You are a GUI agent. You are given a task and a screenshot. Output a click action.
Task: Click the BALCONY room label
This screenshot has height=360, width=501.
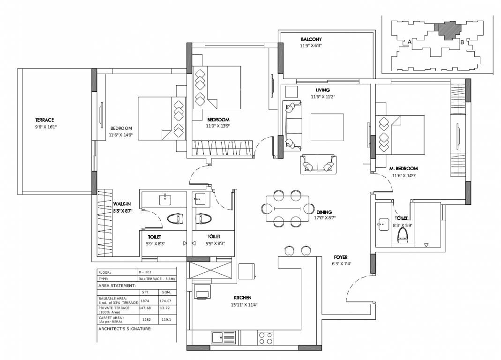click(x=311, y=39)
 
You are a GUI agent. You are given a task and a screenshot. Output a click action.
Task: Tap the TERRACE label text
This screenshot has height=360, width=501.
click(x=45, y=120)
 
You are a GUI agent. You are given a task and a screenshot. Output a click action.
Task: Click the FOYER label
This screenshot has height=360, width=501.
click(x=340, y=257)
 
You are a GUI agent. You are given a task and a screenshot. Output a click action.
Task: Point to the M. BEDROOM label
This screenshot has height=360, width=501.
click(x=404, y=168)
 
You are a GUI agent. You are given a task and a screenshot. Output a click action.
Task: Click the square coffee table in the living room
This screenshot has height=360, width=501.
click(x=327, y=127)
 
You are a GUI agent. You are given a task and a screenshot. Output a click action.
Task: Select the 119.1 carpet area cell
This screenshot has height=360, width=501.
click(x=166, y=319)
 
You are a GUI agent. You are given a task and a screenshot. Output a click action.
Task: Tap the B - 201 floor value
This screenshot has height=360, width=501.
click(x=145, y=272)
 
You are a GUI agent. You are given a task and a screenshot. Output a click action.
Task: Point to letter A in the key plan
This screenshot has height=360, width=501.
click(x=410, y=42)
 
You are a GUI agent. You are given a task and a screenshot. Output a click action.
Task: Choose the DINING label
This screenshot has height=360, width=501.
click(x=324, y=212)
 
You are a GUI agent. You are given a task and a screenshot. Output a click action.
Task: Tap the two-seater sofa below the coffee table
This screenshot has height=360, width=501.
click(x=319, y=164)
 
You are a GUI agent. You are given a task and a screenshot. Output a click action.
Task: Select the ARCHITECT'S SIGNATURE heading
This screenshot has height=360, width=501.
click(x=125, y=329)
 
